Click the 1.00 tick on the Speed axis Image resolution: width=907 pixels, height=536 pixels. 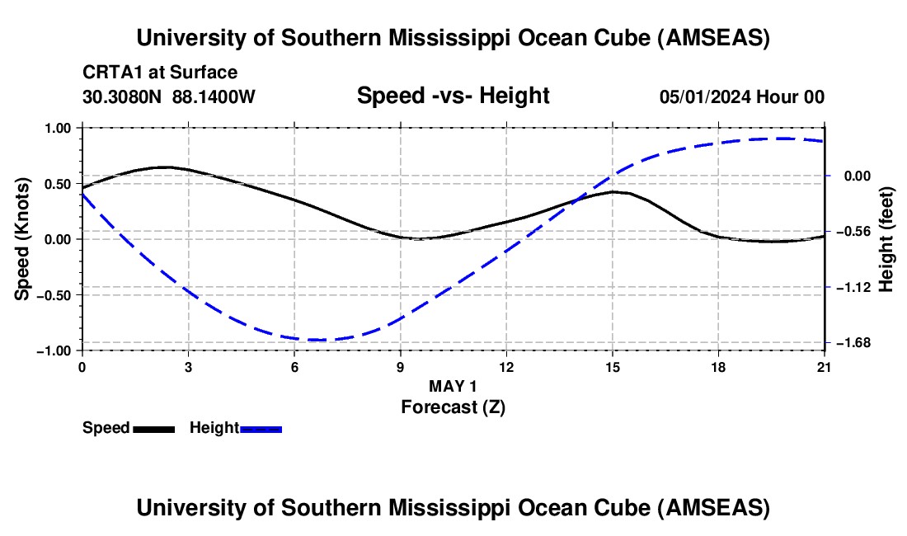(x=59, y=128)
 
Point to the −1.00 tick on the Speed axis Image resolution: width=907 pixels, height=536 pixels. (x=57, y=350)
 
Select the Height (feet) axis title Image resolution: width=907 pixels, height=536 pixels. (x=887, y=239)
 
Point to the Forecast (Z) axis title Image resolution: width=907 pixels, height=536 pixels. (x=453, y=407)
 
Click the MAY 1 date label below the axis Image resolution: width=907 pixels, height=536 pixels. (x=453, y=386)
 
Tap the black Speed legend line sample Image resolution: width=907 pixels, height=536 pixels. (x=153, y=429)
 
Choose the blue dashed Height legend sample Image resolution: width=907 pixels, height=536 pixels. (x=261, y=429)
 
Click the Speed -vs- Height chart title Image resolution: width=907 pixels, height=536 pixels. (x=453, y=96)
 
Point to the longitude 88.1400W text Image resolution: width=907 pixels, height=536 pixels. (x=214, y=96)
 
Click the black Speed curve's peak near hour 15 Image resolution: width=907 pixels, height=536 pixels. (x=613, y=191)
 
